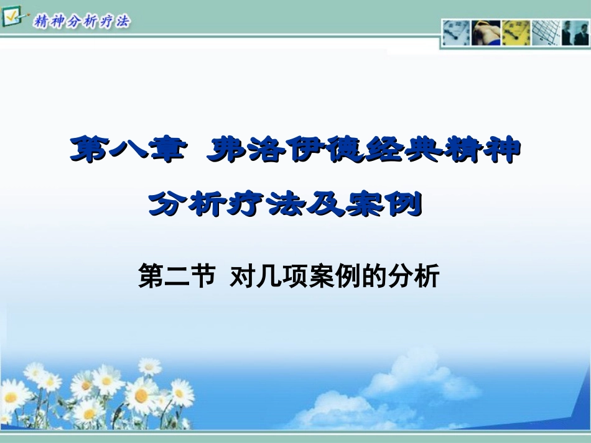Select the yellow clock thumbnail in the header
pyautogui.click(x=516, y=32)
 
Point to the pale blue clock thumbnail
pyautogui.click(x=456, y=32)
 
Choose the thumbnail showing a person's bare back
pyautogui.click(x=486, y=32)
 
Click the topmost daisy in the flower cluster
pyautogui.click(x=150, y=367)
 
